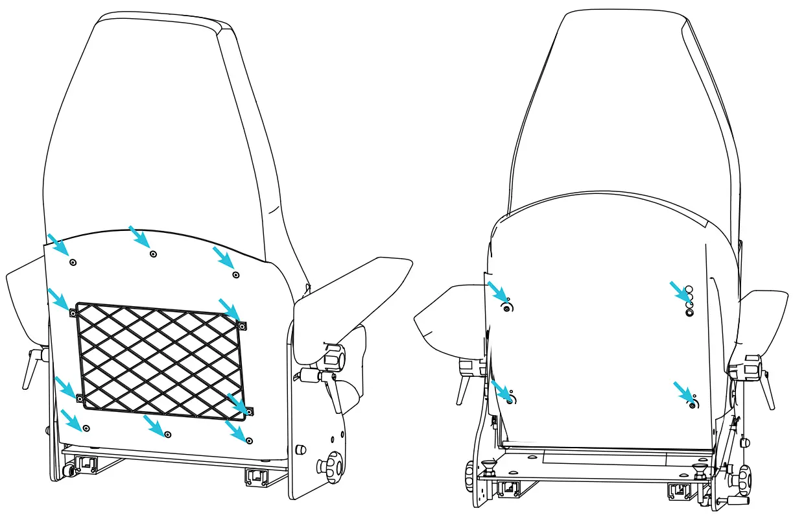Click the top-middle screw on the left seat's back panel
pyautogui.click(x=153, y=254)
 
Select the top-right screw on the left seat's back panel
pyautogui.click(x=236, y=274)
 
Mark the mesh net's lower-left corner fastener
pyautogui.click(x=79, y=398)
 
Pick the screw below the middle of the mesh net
pyautogui.click(x=168, y=433)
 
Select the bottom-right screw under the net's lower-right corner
pyautogui.click(x=250, y=440)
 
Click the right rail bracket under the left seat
pyautogui.click(x=256, y=477)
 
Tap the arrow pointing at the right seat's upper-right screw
pyautogui.click(x=678, y=290)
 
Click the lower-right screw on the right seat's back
pyautogui.click(x=692, y=404)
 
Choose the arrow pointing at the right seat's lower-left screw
pyautogui.click(x=501, y=391)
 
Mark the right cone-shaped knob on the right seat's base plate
pyautogui.click(x=699, y=471)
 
